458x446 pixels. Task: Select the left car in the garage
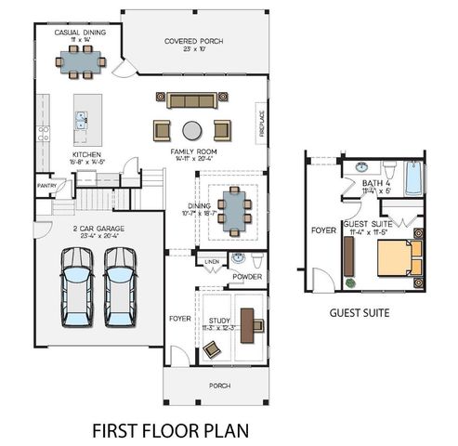pyautogui.click(x=77, y=284)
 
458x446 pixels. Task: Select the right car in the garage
pyautogui.click(x=119, y=284)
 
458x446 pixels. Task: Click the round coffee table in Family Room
pyautogui.click(x=191, y=129)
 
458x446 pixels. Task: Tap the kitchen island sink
pyautogui.click(x=81, y=119)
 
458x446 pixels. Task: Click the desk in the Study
pyautogui.click(x=247, y=319)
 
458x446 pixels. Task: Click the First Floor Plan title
pyautogui.click(x=169, y=430)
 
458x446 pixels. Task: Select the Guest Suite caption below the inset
pyautogui.click(x=360, y=313)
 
